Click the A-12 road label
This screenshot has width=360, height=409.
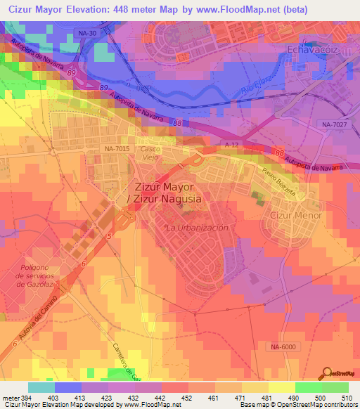pyautogui.click(x=230, y=144)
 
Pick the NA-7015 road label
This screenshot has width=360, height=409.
pyautogui.click(x=117, y=149)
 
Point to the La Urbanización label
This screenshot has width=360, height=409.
pyautogui.click(x=196, y=228)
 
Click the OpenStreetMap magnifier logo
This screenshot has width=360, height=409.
pyautogui.click(x=326, y=372)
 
